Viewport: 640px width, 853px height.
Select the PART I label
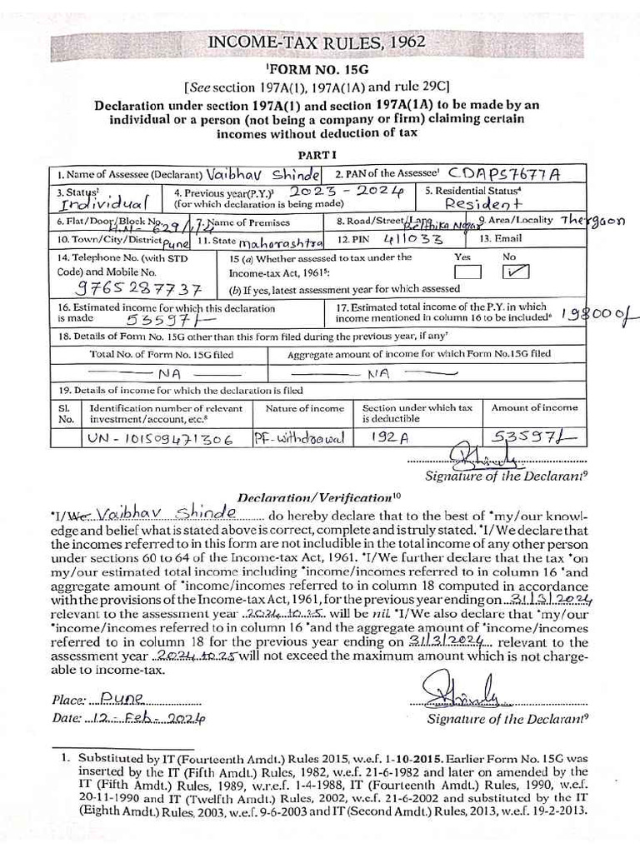pos(317,154)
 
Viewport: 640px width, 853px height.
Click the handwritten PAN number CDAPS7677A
pos(503,173)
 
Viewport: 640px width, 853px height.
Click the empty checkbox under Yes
pos(468,272)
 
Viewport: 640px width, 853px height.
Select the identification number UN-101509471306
pos(159,439)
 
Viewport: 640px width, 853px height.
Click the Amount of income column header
pos(534,407)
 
